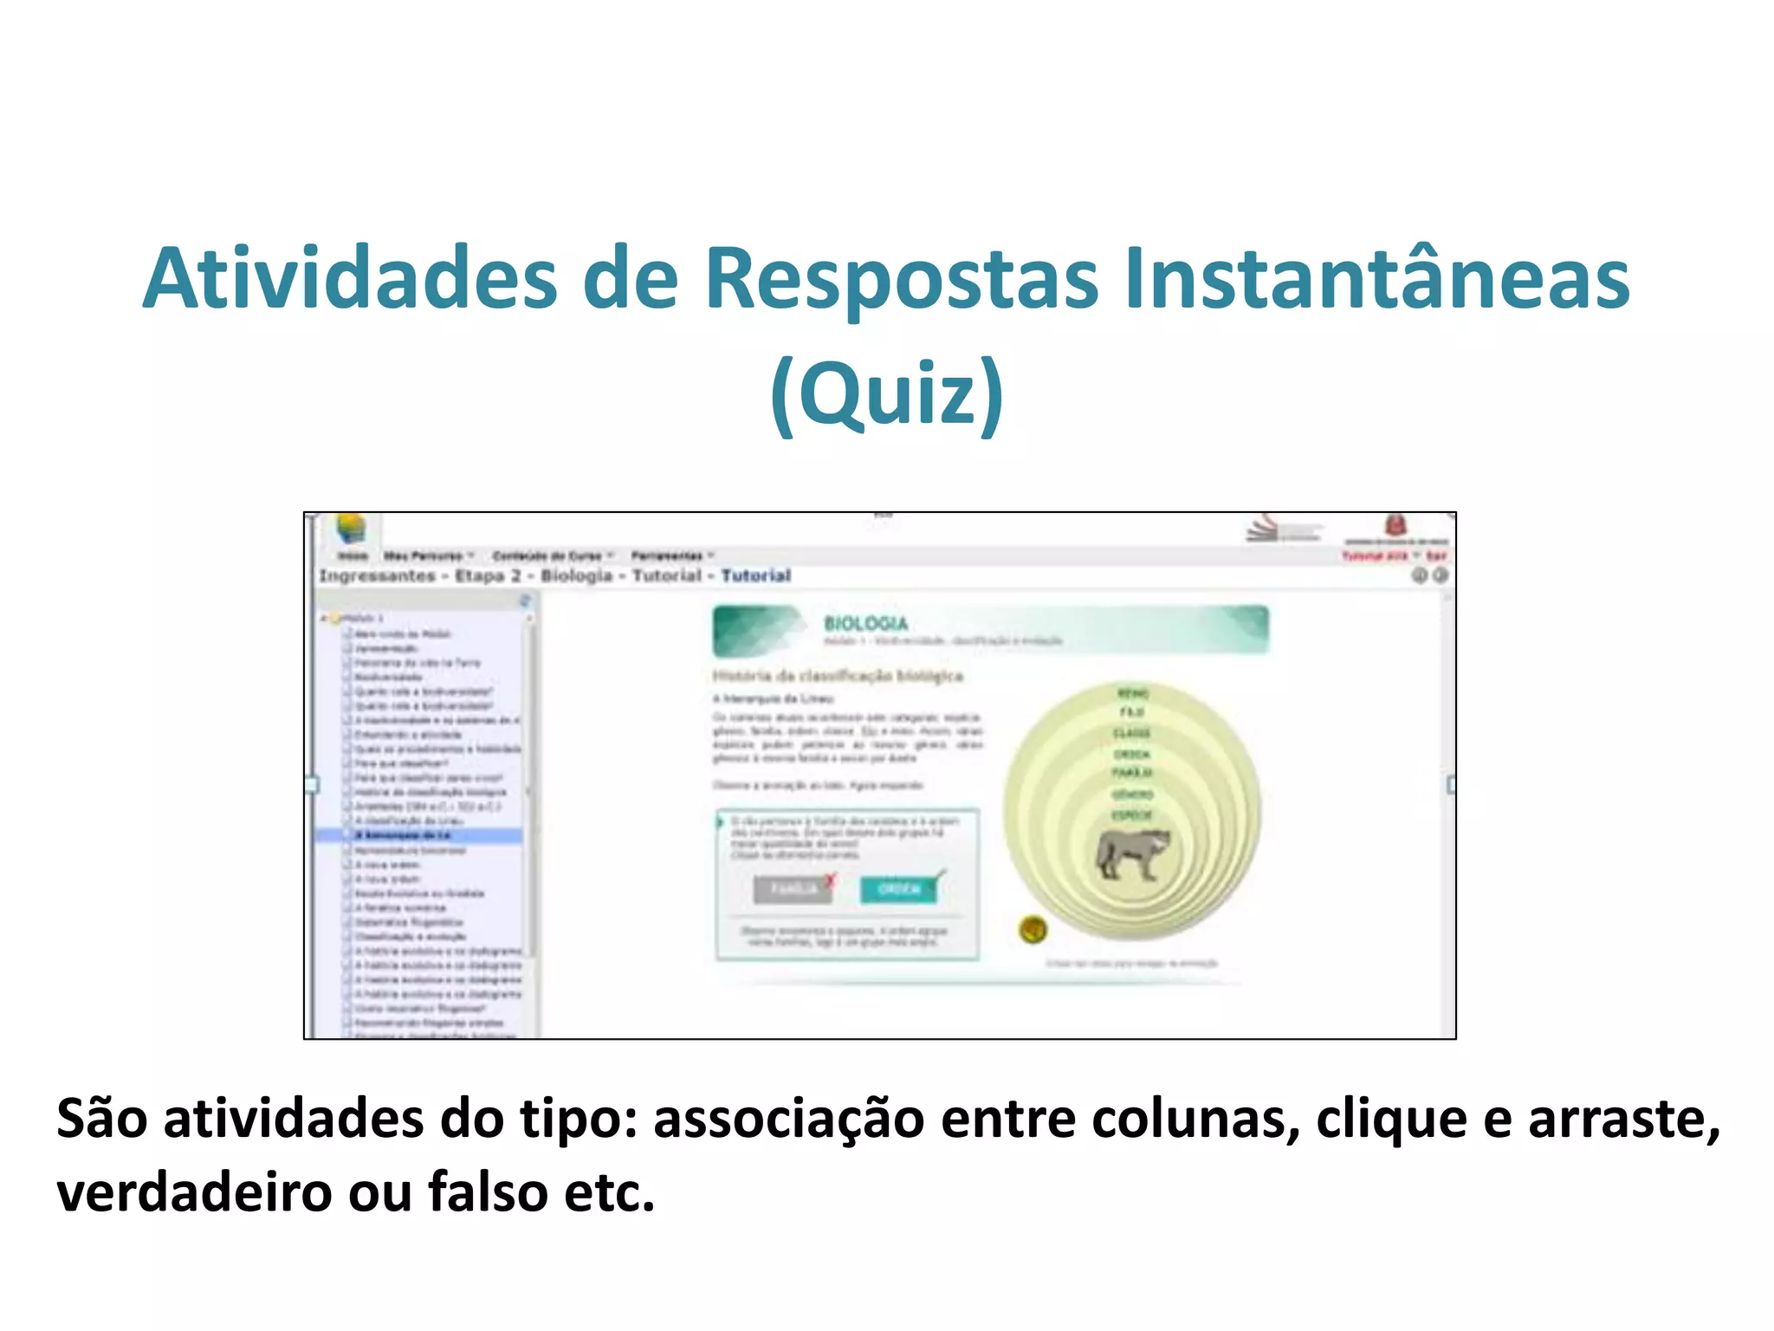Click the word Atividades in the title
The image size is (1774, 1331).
click(x=350, y=279)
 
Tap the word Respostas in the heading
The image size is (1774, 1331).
click(x=901, y=279)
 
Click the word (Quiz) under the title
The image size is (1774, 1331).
click(x=887, y=393)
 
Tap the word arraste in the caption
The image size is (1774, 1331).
click(x=1622, y=1119)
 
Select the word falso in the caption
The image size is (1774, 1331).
click(x=489, y=1192)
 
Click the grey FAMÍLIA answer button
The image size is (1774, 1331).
click(x=792, y=890)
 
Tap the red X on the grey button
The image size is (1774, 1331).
click(x=831, y=881)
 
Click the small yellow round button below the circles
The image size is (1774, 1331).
click(x=1033, y=930)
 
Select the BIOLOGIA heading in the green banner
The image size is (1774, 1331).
click(x=866, y=623)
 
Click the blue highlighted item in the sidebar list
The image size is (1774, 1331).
click(x=419, y=835)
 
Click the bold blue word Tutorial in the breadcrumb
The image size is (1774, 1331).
click(x=756, y=575)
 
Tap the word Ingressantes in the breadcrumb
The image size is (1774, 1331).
click(x=378, y=575)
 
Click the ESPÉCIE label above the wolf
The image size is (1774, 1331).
click(x=1132, y=815)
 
